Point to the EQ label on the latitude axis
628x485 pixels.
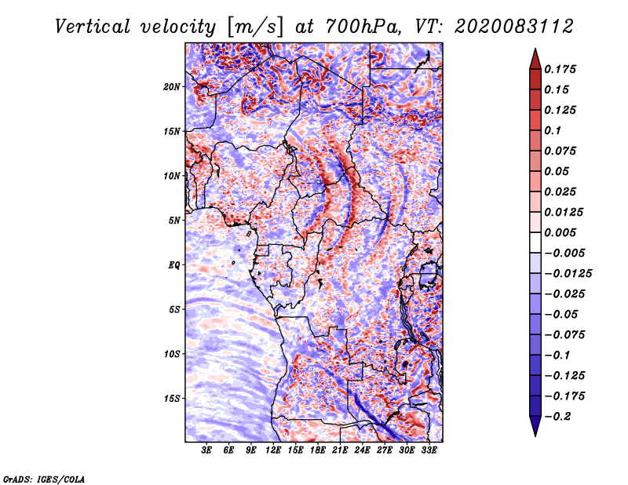pyautogui.click(x=174, y=265)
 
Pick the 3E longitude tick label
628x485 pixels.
pyautogui.click(x=207, y=451)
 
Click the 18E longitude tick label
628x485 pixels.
pyautogui.click(x=318, y=451)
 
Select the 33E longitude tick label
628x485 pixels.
pyautogui.click(x=429, y=451)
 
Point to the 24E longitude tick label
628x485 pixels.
pyautogui.click(x=363, y=451)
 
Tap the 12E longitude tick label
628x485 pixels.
pyautogui.click(x=274, y=451)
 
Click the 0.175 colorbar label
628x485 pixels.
pyautogui.click(x=561, y=69)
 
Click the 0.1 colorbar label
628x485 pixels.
pyautogui.click(x=553, y=130)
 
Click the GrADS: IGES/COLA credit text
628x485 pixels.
pyautogui.click(x=43, y=478)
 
